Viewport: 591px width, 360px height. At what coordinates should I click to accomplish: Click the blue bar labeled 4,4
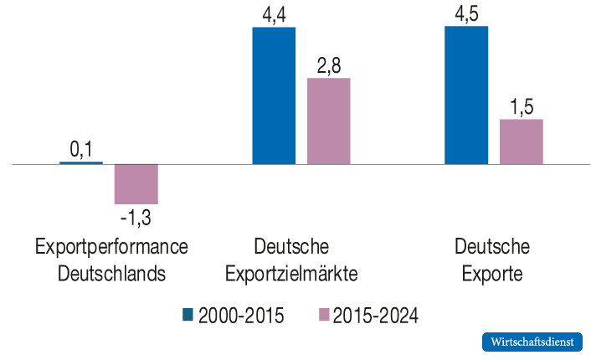274,95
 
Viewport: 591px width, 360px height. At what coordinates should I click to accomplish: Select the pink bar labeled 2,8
329,121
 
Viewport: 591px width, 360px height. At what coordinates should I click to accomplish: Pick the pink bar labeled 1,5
522,141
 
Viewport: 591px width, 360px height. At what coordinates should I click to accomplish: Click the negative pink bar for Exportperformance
136,183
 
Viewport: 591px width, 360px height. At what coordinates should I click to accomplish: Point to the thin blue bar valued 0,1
81,162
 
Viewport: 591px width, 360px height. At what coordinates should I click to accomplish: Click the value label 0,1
81,149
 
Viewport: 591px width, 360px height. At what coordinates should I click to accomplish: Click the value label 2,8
329,64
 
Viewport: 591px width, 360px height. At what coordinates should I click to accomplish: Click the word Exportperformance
111,247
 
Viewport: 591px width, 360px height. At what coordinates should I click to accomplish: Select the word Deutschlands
111,274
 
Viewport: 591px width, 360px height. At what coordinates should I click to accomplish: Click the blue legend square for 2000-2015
188,315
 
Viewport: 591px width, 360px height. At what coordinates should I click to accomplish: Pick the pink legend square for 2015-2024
325,315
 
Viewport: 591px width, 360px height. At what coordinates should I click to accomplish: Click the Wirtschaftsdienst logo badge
532,342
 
